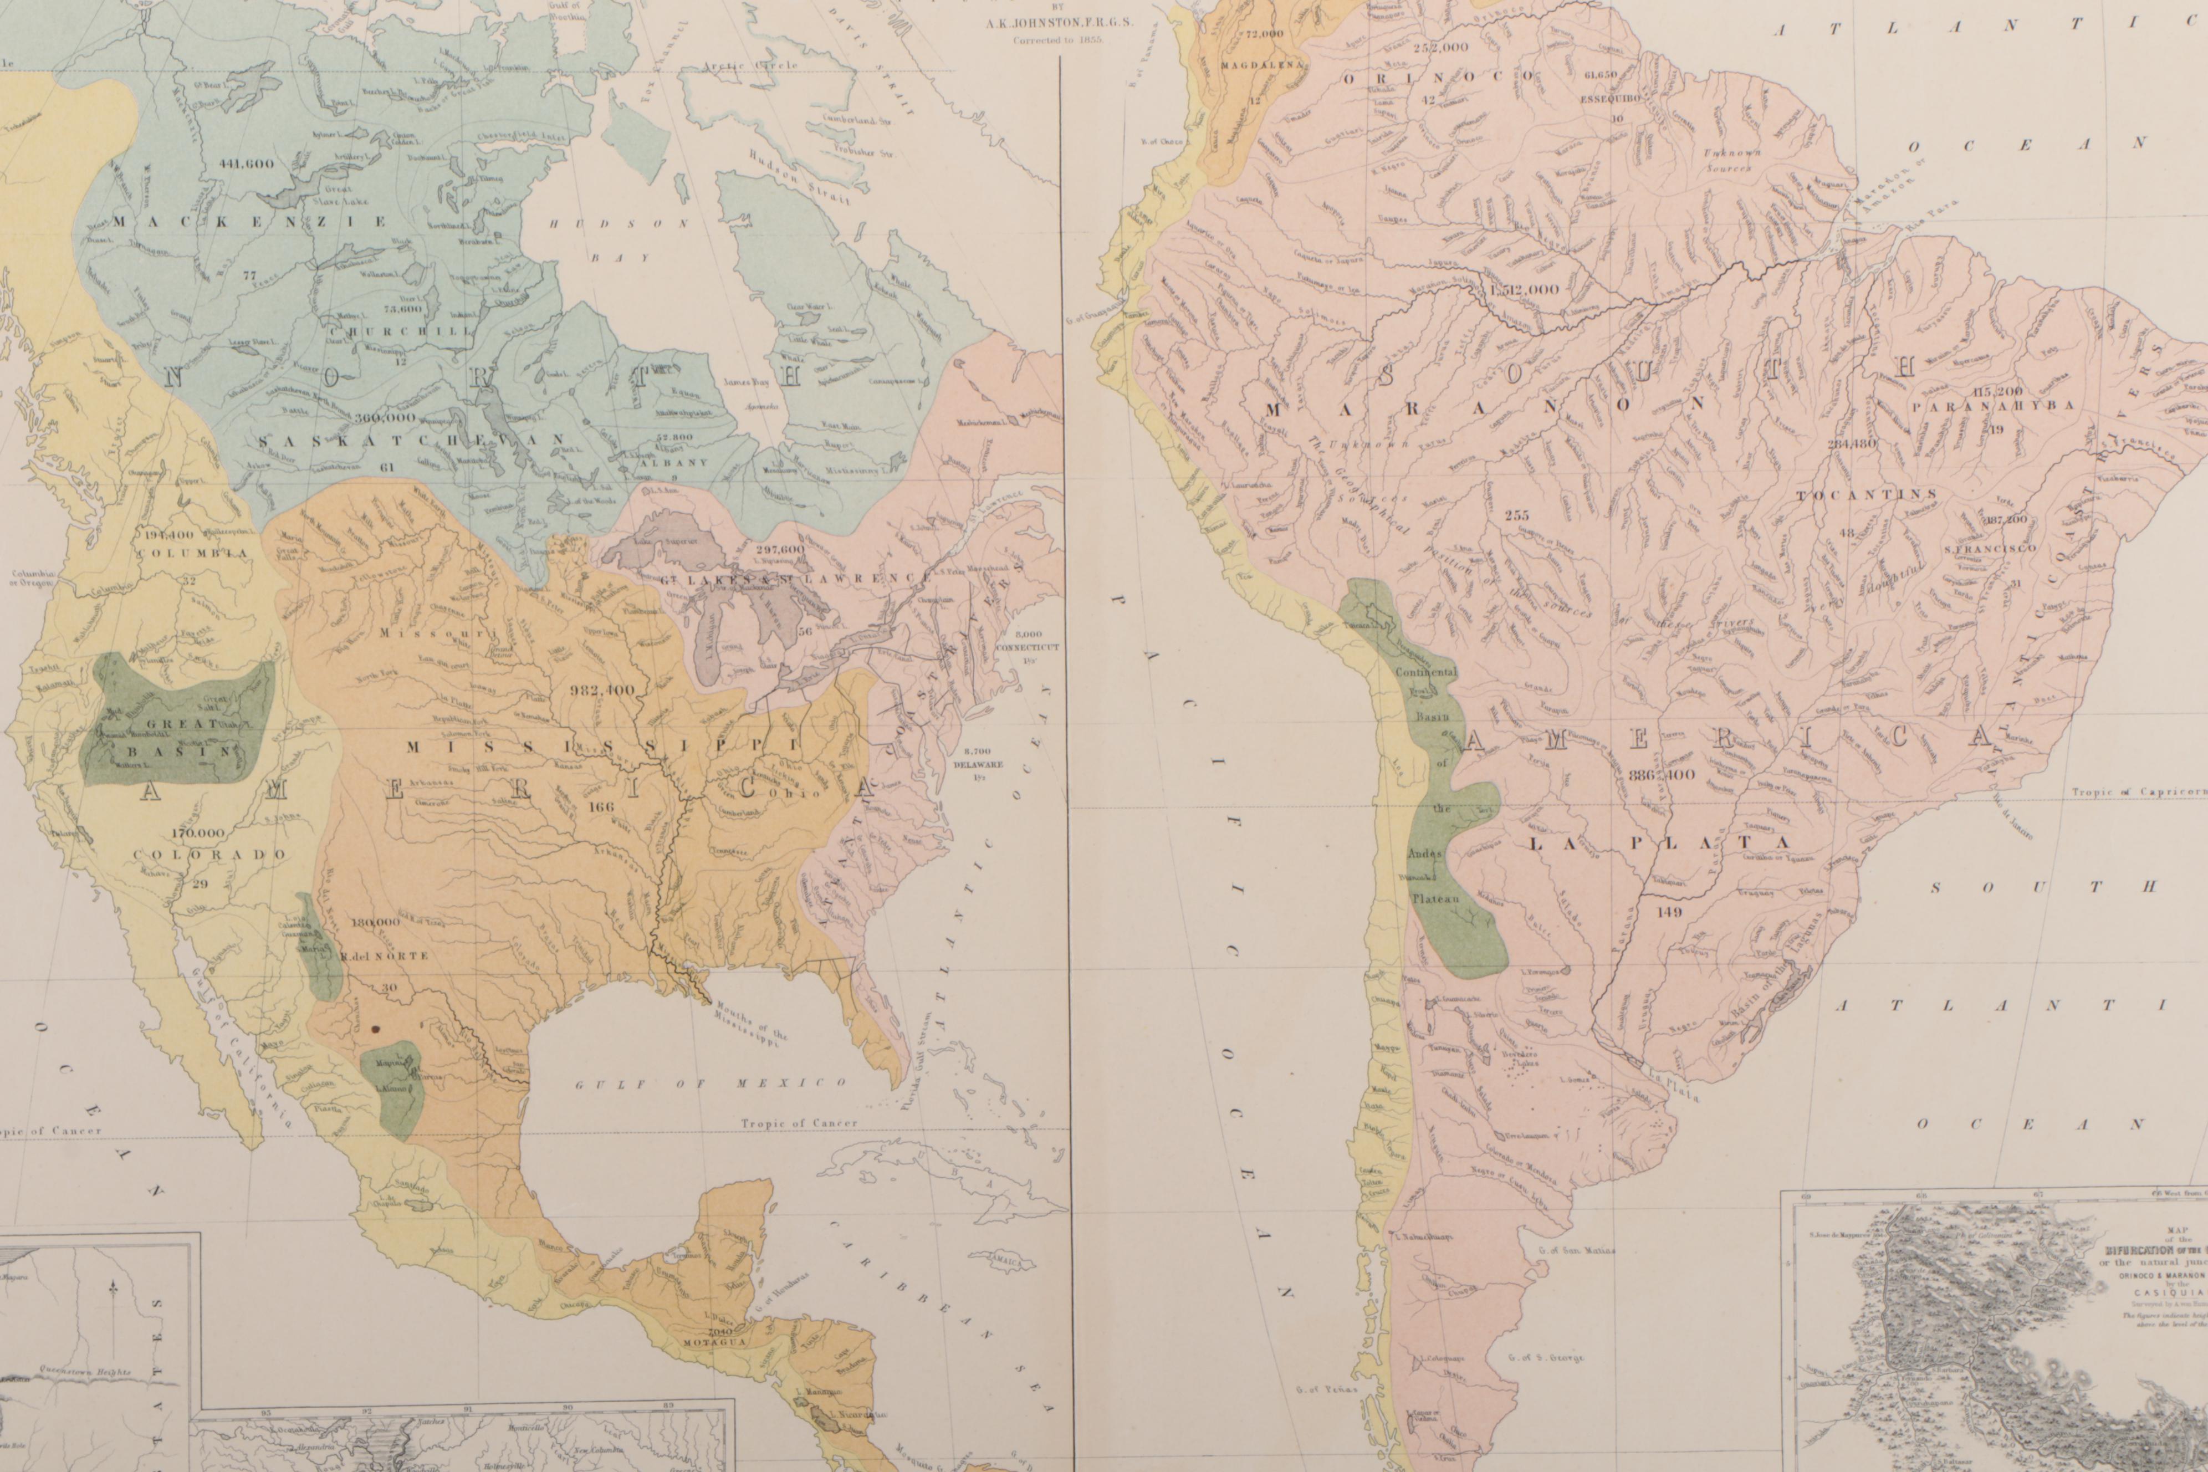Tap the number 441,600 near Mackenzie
point(246,163)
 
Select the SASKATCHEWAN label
point(410,440)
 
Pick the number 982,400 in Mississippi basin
point(602,690)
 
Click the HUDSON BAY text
point(620,239)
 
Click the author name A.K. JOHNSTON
point(1058,25)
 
